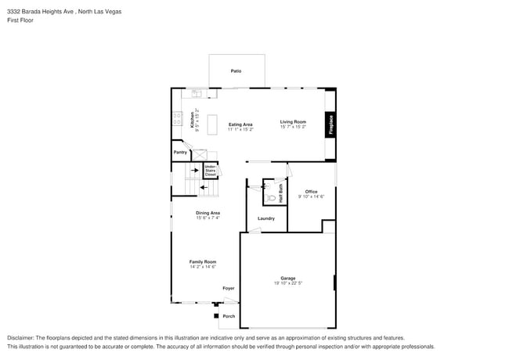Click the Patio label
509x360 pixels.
coord(236,71)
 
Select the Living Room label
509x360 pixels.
coord(293,121)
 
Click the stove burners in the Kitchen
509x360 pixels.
coord(177,120)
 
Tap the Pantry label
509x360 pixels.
coord(179,153)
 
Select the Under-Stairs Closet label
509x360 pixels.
coord(211,170)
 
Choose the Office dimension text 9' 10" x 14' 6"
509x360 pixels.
coord(311,196)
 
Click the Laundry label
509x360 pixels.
coord(266,218)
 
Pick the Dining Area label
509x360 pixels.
coord(208,213)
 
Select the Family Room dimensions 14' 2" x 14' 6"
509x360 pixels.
coord(203,267)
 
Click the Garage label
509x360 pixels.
coord(288,278)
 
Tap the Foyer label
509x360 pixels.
coord(228,288)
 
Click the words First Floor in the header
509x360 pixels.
coord(21,20)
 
